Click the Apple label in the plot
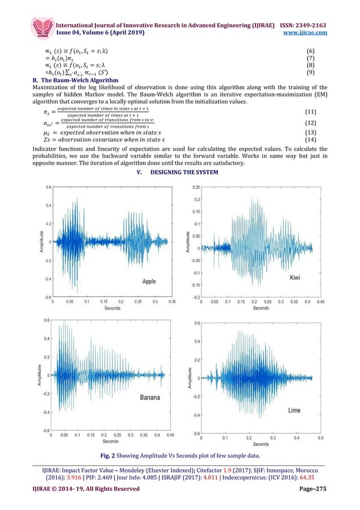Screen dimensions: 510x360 149,281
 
